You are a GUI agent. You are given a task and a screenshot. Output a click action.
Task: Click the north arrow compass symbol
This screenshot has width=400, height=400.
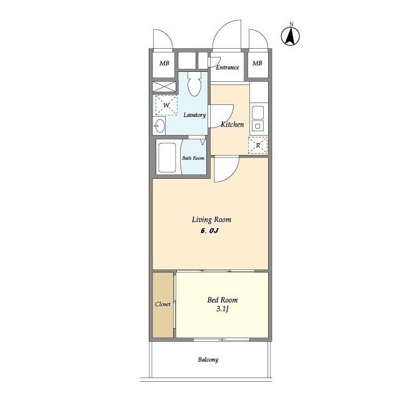(x=290, y=36)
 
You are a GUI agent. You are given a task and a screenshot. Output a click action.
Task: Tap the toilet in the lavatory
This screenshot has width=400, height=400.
(x=194, y=84)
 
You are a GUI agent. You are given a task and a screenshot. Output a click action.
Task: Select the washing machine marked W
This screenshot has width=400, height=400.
(x=166, y=105)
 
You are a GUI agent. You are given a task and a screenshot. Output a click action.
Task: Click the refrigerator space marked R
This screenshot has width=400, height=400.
(x=258, y=146)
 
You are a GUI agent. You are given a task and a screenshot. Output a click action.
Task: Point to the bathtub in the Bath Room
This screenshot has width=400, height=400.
(x=167, y=157)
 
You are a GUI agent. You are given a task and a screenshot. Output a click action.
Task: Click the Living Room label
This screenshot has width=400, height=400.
(x=211, y=219)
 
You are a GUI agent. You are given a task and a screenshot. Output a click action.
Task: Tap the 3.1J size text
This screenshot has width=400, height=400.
(x=222, y=309)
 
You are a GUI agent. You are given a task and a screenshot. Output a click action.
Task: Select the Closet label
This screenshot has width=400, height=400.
(x=162, y=304)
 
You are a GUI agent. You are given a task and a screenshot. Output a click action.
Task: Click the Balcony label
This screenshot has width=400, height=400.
(x=208, y=360)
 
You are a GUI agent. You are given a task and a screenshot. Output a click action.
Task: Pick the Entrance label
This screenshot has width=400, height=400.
(x=227, y=67)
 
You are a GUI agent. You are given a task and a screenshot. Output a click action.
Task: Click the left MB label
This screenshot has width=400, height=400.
(x=164, y=63)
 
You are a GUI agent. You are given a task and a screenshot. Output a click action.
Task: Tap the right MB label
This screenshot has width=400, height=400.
(x=257, y=63)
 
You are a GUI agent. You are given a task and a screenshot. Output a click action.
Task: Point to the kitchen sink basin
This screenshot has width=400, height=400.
(x=257, y=112)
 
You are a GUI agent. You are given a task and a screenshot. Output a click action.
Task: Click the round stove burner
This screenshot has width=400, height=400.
(x=257, y=126)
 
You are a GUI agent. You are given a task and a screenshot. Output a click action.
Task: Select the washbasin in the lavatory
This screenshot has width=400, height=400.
(x=160, y=126)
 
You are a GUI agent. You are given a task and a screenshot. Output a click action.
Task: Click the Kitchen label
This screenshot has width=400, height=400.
(x=232, y=124)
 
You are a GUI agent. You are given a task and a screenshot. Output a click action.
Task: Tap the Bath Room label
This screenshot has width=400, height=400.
(x=193, y=158)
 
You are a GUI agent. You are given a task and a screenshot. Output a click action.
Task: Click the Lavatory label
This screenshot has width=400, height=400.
(x=194, y=115)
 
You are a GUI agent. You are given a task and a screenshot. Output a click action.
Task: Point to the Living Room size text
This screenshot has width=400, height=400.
(x=210, y=231)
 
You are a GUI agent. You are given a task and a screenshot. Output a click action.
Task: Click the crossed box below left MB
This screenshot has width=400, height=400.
(x=164, y=86)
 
